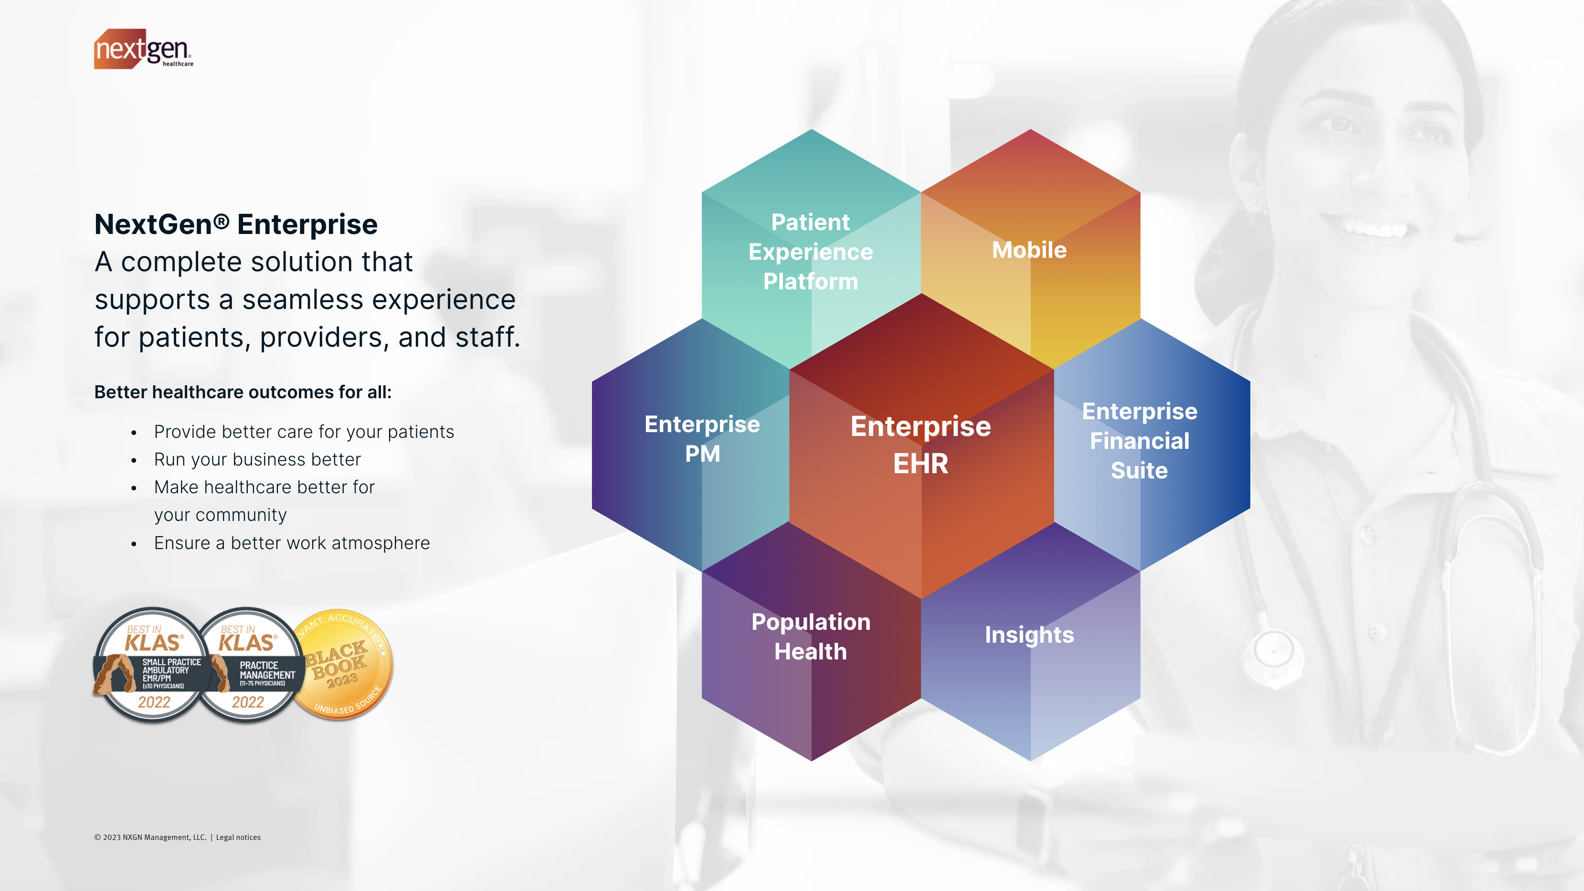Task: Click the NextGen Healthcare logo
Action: (143, 49)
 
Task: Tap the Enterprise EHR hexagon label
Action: (920, 444)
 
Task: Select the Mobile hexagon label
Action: (1029, 250)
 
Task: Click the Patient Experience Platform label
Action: (811, 252)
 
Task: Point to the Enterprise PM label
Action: (702, 438)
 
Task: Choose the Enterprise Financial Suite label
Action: (1140, 440)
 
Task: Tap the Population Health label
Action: (811, 636)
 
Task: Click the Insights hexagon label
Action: (1029, 635)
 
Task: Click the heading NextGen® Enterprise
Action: (235, 224)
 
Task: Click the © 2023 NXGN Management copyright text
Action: (150, 838)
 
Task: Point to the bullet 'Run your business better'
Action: (257, 459)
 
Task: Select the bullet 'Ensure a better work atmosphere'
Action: (292, 543)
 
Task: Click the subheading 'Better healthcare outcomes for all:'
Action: (243, 392)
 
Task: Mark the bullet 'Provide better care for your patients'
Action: (304, 432)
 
